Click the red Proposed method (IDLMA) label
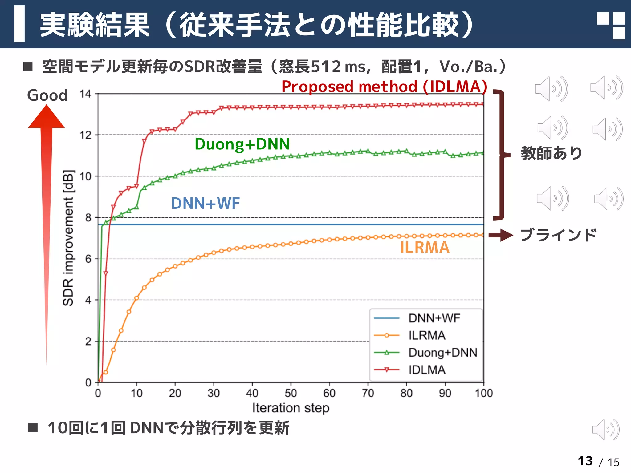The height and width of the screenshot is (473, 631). coord(384,87)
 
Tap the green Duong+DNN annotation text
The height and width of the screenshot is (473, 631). coord(242,144)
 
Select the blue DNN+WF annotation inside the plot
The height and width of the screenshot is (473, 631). coord(206,203)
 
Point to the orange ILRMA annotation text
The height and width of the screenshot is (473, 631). coord(425,248)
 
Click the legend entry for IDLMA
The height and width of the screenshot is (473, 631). coord(427,370)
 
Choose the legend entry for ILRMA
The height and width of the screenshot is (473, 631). coord(427,335)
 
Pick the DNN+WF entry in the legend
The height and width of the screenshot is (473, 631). coord(434,318)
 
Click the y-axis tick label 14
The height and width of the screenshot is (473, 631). coord(85,94)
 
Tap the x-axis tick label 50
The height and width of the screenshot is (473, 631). coord(291,393)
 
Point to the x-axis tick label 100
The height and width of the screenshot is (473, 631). coord(483,393)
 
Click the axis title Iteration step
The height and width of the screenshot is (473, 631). coord(291,408)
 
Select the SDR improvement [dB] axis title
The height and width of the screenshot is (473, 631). coord(68,238)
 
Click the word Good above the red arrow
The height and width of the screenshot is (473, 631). coord(47,95)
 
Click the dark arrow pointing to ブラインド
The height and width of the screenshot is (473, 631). coord(501,236)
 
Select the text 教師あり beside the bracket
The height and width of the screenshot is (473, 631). coord(551,153)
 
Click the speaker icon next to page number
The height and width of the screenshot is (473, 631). coord(605,429)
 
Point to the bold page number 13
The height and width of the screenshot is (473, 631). coord(585,461)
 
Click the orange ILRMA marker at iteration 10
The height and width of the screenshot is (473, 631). coord(136,298)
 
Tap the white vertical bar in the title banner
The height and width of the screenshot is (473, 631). coord(19,24)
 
